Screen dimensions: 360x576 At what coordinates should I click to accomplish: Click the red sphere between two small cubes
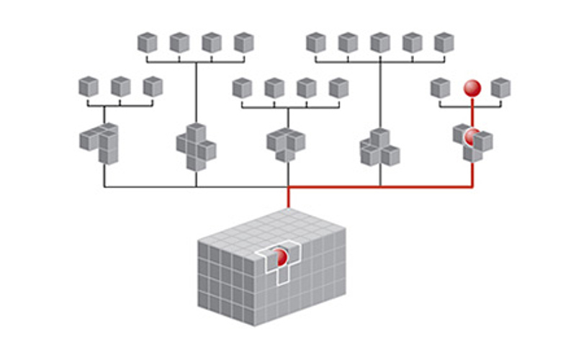click(x=472, y=88)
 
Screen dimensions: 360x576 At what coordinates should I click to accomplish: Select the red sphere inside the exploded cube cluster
click(x=472, y=136)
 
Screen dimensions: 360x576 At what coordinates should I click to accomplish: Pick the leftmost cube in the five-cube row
click(x=315, y=42)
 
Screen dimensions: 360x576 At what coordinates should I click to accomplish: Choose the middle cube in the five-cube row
click(x=379, y=42)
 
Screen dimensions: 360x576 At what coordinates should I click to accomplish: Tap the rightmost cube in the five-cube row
click(x=444, y=42)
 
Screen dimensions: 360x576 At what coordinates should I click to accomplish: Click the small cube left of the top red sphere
click(x=440, y=88)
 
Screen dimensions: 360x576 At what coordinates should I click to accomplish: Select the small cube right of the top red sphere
click(x=500, y=88)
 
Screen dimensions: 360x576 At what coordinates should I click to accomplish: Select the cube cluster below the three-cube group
click(x=100, y=142)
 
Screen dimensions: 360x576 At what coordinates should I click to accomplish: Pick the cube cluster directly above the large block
click(x=286, y=143)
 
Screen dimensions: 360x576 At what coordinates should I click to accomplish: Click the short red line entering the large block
click(x=288, y=199)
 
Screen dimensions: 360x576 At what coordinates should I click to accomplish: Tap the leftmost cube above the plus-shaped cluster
click(x=147, y=42)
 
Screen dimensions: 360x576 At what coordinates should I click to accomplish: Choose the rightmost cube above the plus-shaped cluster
click(x=243, y=42)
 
